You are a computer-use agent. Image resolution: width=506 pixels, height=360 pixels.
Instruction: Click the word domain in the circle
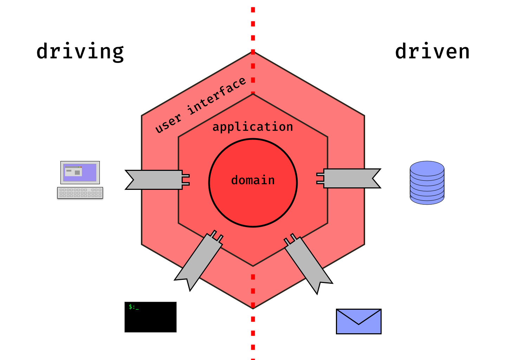253,180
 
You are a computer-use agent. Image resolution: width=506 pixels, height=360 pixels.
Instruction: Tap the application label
253,127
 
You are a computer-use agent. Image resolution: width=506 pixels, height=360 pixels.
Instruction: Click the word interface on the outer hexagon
216,96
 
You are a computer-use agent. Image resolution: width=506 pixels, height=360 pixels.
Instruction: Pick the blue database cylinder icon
427,183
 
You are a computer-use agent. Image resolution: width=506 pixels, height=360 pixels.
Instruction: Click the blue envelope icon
358,321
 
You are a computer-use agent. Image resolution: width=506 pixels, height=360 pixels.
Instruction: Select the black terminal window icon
150,317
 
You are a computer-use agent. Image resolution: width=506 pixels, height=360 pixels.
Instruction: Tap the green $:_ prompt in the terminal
134,307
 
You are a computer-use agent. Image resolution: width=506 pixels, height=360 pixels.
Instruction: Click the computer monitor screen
80,173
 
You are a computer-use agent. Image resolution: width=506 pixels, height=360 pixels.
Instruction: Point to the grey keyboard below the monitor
80,193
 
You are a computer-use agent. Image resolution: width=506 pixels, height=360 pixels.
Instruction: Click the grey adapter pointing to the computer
155,180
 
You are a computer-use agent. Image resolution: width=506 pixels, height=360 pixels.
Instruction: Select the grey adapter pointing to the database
351,179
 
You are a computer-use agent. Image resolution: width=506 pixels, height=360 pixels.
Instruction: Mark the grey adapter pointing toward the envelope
308,262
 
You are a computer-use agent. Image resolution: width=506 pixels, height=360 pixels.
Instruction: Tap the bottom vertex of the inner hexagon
253,266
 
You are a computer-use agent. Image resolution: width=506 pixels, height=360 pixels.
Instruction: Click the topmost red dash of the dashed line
253,10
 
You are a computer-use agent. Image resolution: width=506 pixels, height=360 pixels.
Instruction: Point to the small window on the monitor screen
73,172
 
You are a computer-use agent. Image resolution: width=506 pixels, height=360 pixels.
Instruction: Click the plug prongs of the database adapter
320,178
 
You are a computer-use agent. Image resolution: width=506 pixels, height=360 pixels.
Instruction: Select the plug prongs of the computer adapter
186,180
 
